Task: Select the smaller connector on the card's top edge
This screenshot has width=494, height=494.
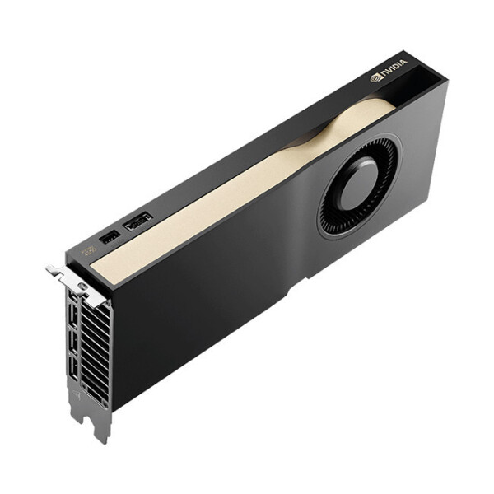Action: tap(109, 238)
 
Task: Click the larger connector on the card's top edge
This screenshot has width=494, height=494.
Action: tap(137, 221)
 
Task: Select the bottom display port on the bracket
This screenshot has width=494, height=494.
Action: tap(75, 370)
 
